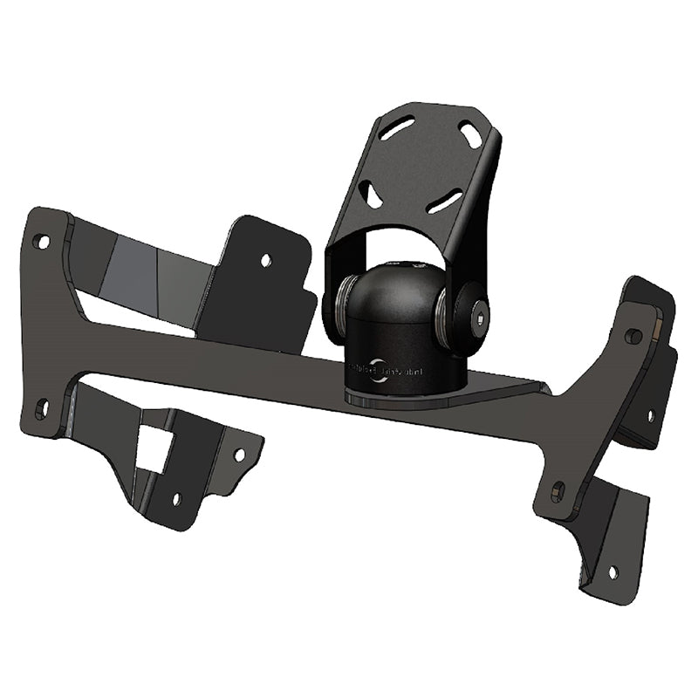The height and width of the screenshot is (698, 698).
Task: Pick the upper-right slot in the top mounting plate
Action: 472,135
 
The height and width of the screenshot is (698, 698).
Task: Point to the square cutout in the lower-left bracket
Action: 154,449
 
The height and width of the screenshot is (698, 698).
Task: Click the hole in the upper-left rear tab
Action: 266,260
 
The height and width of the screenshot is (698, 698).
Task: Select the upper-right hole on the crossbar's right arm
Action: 635,336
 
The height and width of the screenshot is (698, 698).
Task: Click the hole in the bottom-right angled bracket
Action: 612,572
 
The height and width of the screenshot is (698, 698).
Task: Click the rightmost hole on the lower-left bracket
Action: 239,455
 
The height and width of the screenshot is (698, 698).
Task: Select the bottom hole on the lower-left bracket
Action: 176,499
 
